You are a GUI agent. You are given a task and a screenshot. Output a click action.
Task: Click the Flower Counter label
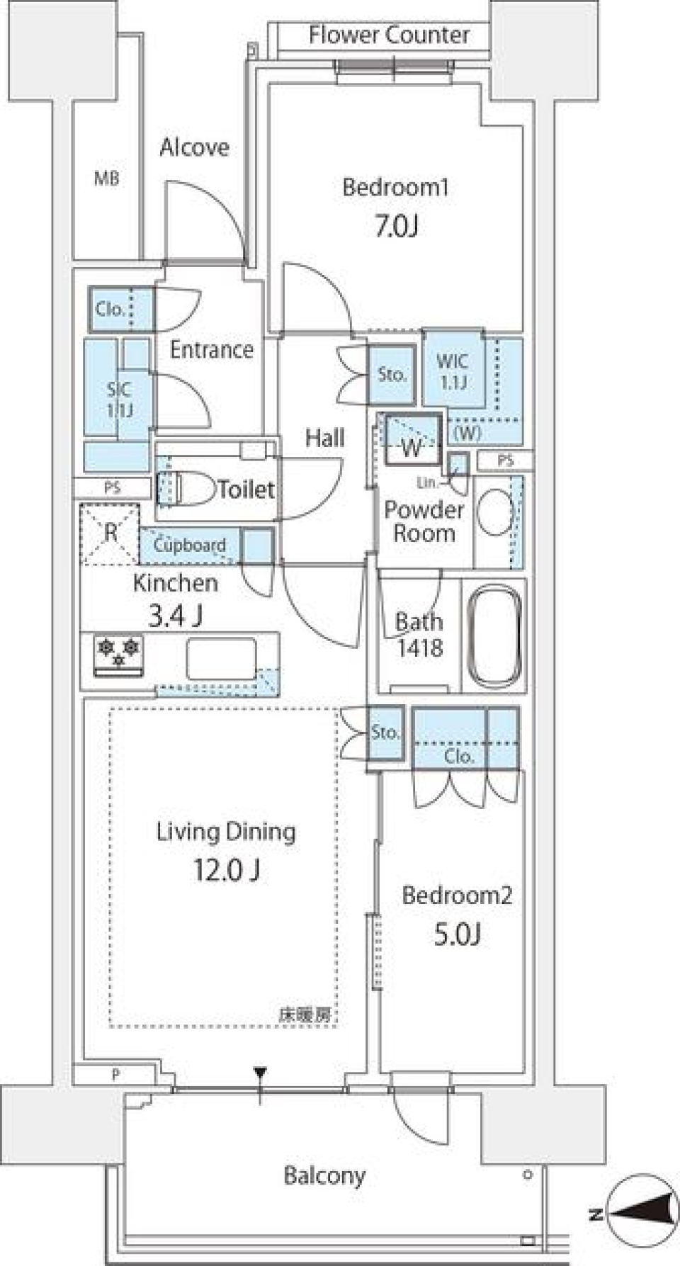[x=389, y=35]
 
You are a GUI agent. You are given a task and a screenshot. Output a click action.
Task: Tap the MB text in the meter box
[x=107, y=179]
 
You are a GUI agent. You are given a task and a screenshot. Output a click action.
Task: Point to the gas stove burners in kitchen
[x=119, y=653]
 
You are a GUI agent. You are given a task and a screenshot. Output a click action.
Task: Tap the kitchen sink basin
[x=221, y=659]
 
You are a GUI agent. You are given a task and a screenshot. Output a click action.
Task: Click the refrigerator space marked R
[x=110, y=533]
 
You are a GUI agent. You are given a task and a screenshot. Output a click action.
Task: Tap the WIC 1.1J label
[x=452, y=371]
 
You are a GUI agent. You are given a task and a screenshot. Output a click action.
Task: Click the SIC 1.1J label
[x=119, y=399]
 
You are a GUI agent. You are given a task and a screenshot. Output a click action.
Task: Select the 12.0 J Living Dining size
[x=227, y=870]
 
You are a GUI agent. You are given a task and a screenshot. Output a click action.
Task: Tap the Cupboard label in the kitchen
[x=189, y=545]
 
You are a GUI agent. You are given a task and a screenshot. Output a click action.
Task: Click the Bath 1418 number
[x=420, y=648]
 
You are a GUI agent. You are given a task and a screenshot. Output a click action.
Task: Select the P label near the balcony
[x=115, y=1075]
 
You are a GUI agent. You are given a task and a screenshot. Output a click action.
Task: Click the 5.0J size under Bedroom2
[x=457, y=935]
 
